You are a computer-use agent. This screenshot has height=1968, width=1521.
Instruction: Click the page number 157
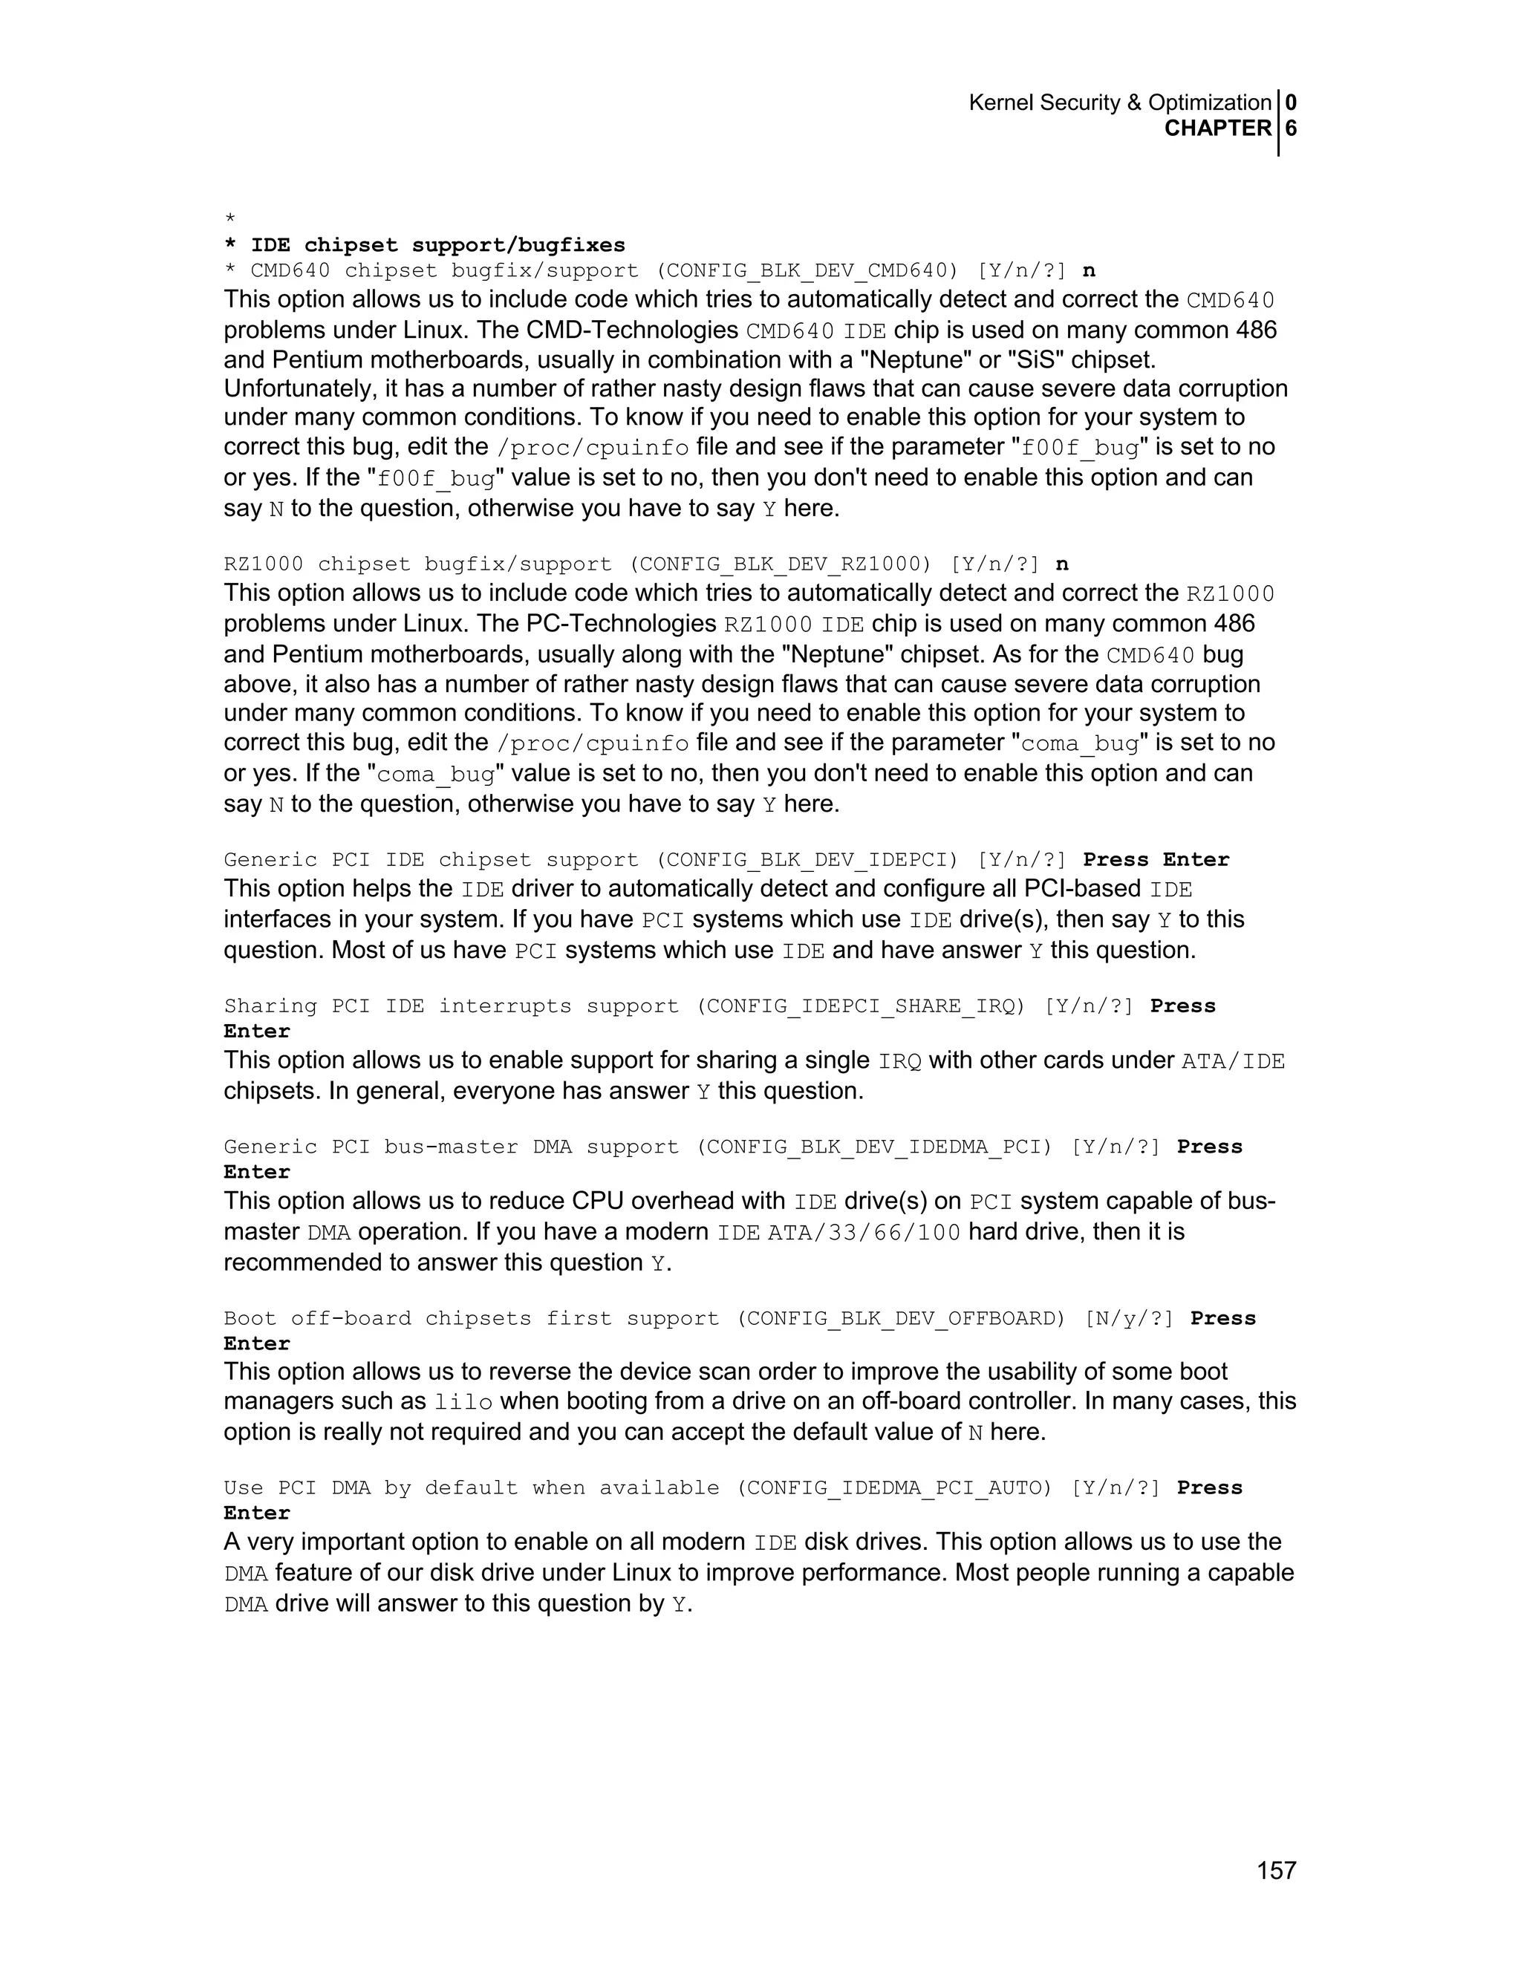tap(1276, 1871)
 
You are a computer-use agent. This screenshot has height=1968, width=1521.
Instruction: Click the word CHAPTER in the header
tap(1217, 129)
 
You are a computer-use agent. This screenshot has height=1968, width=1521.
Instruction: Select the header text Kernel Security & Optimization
tap(1119, 102)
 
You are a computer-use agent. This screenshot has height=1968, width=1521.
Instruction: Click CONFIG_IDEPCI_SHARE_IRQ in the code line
tap(862, 1006)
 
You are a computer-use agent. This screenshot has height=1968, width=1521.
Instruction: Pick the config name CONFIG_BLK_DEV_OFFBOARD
tap(901, 1318)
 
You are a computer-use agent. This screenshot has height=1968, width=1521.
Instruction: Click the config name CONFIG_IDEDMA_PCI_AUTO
tap(895, 1488)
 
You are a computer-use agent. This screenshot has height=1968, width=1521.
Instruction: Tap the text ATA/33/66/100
tap(864, 1233)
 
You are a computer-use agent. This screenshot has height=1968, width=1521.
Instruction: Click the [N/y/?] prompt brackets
tap(1129, 1318)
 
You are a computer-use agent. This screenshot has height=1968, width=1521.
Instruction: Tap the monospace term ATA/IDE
tap(1233, 1061)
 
